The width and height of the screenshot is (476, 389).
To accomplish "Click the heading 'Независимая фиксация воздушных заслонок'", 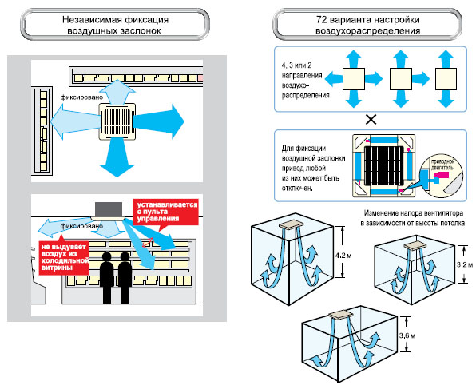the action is point(115,25).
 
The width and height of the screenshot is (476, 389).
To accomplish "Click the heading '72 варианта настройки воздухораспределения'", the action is point(367,25).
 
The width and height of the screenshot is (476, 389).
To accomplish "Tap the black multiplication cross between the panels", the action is point(371,120).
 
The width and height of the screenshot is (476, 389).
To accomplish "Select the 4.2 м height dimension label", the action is point(343,256).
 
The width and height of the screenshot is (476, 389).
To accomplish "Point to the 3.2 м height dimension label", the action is point(465,264).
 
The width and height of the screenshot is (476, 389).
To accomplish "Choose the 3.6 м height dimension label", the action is point(407,335).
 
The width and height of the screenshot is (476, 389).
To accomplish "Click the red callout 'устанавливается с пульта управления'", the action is point(165,212).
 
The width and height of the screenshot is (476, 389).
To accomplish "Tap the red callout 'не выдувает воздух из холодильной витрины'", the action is point(64,257).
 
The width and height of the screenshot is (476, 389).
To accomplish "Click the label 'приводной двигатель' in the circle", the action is point(442,165).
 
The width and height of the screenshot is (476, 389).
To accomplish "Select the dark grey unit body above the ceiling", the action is point(109,209).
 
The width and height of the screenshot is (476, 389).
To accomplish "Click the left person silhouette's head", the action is point(106,257).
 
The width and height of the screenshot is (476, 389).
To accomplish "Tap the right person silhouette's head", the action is point(125,257).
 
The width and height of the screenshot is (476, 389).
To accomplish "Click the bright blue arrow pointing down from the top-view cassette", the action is point(117,157).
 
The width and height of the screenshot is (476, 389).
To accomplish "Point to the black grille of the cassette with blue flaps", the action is point(384,166).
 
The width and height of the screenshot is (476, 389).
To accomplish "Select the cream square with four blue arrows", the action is point(354,79).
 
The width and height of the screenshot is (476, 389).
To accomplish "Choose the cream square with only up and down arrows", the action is point(446,79).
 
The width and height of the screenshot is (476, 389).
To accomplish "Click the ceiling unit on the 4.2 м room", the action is point(291,224).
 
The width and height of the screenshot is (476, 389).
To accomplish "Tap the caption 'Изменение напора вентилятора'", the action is point(414,213).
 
